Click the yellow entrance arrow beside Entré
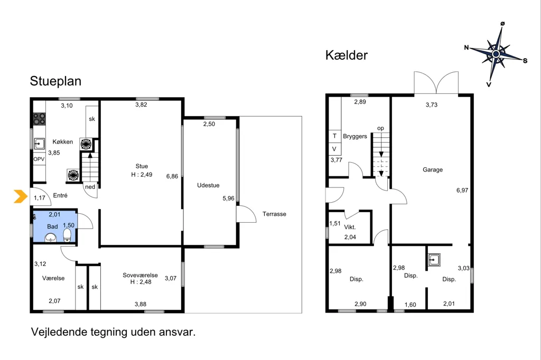point(21,196)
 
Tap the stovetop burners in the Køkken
point(39,119)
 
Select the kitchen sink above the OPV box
point(39,144)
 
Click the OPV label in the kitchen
point(39,159)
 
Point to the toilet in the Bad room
point(67,235)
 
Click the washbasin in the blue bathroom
point(51,238)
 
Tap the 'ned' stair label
point(90,187)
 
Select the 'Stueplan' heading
point(55,81)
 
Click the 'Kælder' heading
point(347,55)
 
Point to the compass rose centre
point(496,54)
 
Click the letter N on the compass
point(467,48)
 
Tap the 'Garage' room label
point(433,169)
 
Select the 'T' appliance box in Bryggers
point(334,136)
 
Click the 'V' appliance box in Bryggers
point(334,149)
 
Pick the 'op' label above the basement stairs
point(380,128)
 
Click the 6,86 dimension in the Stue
point(172,176)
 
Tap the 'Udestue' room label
point(208,185)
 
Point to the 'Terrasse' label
point(274,214)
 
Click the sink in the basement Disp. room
point(434,260)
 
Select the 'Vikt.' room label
point(350,227)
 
